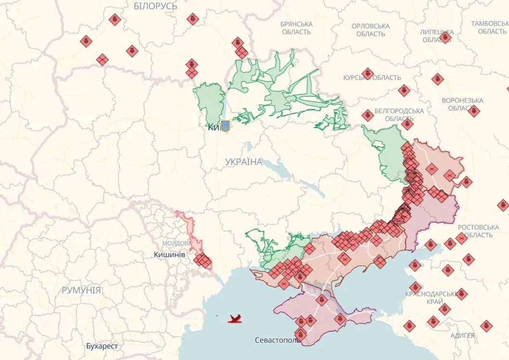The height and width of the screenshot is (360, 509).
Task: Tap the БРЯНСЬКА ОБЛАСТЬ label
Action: pyautogui.click(x=296, y=28)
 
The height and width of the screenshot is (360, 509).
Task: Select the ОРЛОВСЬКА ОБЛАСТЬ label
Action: pyautogui.click(x=370, y=30)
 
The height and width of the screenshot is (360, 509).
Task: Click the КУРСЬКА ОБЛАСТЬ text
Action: pyautogui.click(x=372, y=77)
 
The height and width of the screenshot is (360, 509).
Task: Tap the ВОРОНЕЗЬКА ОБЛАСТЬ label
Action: pyautogui.click(x=462, y=104)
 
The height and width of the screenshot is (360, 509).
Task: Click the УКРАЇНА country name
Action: pyautogui.click(x=244, y=162)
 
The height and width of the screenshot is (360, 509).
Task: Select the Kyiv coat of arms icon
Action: pyautogui.click(x=225, y=127)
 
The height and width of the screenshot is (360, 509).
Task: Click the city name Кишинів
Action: pyautogui.click(x=170, y=254)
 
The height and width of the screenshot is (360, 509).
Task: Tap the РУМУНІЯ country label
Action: pyautogui.click(x=81, y=290)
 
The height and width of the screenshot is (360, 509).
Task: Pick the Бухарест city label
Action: pyautogui.click(x=102, y=346)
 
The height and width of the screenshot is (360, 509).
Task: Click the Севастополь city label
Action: pyautogui.click(x=277, y=340)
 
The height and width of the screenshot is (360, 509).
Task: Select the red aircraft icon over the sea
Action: pyautogui.click(x=235, y=318)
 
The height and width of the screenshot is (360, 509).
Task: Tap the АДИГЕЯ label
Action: pyautogui.click(x=462, y=335)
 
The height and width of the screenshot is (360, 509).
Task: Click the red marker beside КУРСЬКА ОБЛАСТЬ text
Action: pyautogui.click(x=367, y=73)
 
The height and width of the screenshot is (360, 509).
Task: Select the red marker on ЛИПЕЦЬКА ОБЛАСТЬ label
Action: pyautogui.click(x=445, y=37)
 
